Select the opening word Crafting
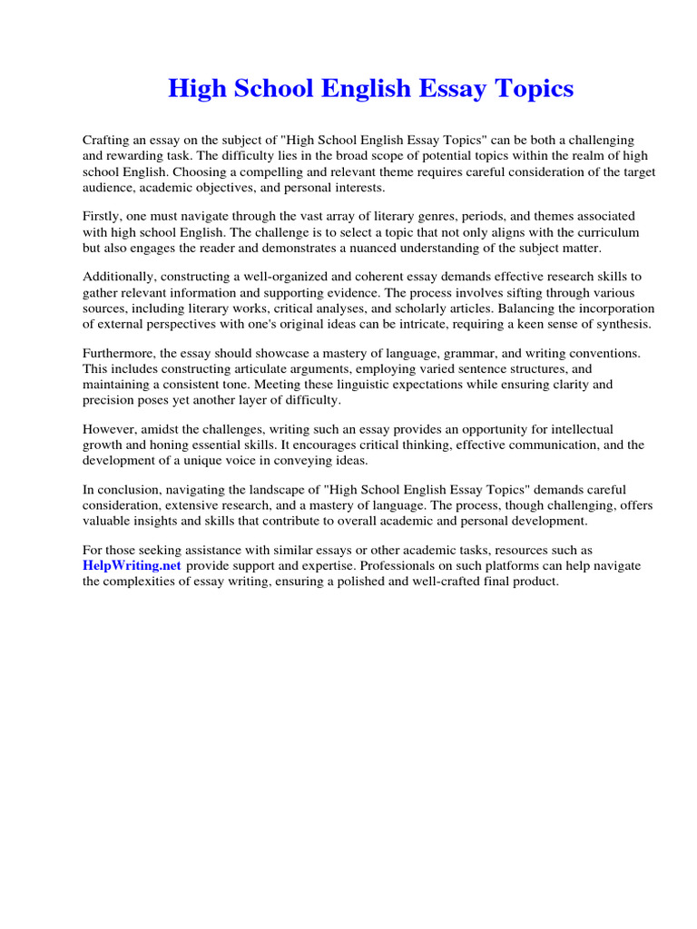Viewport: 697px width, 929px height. pyautogui.click(x=107, y=141)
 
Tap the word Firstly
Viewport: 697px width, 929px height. pyautogui.click(x=103, y=216)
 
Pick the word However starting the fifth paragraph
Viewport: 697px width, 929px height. pyautogui.click(x=108, y=428)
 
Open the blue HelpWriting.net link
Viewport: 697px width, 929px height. pyautogui.click(x=133, y=565)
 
